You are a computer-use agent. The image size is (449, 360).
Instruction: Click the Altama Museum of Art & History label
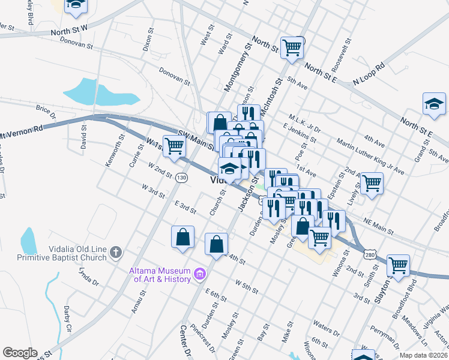(x=159, y=275)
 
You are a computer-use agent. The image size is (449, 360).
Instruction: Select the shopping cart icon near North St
(x=292, y=47)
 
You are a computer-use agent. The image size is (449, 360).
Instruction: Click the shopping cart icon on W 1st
(x=174, y=145)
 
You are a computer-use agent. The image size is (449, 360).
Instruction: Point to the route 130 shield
(x=181, y=178)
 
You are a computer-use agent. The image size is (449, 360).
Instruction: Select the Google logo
(x=20, y=353)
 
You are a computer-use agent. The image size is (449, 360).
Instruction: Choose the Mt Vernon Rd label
(x=22, y=130)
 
